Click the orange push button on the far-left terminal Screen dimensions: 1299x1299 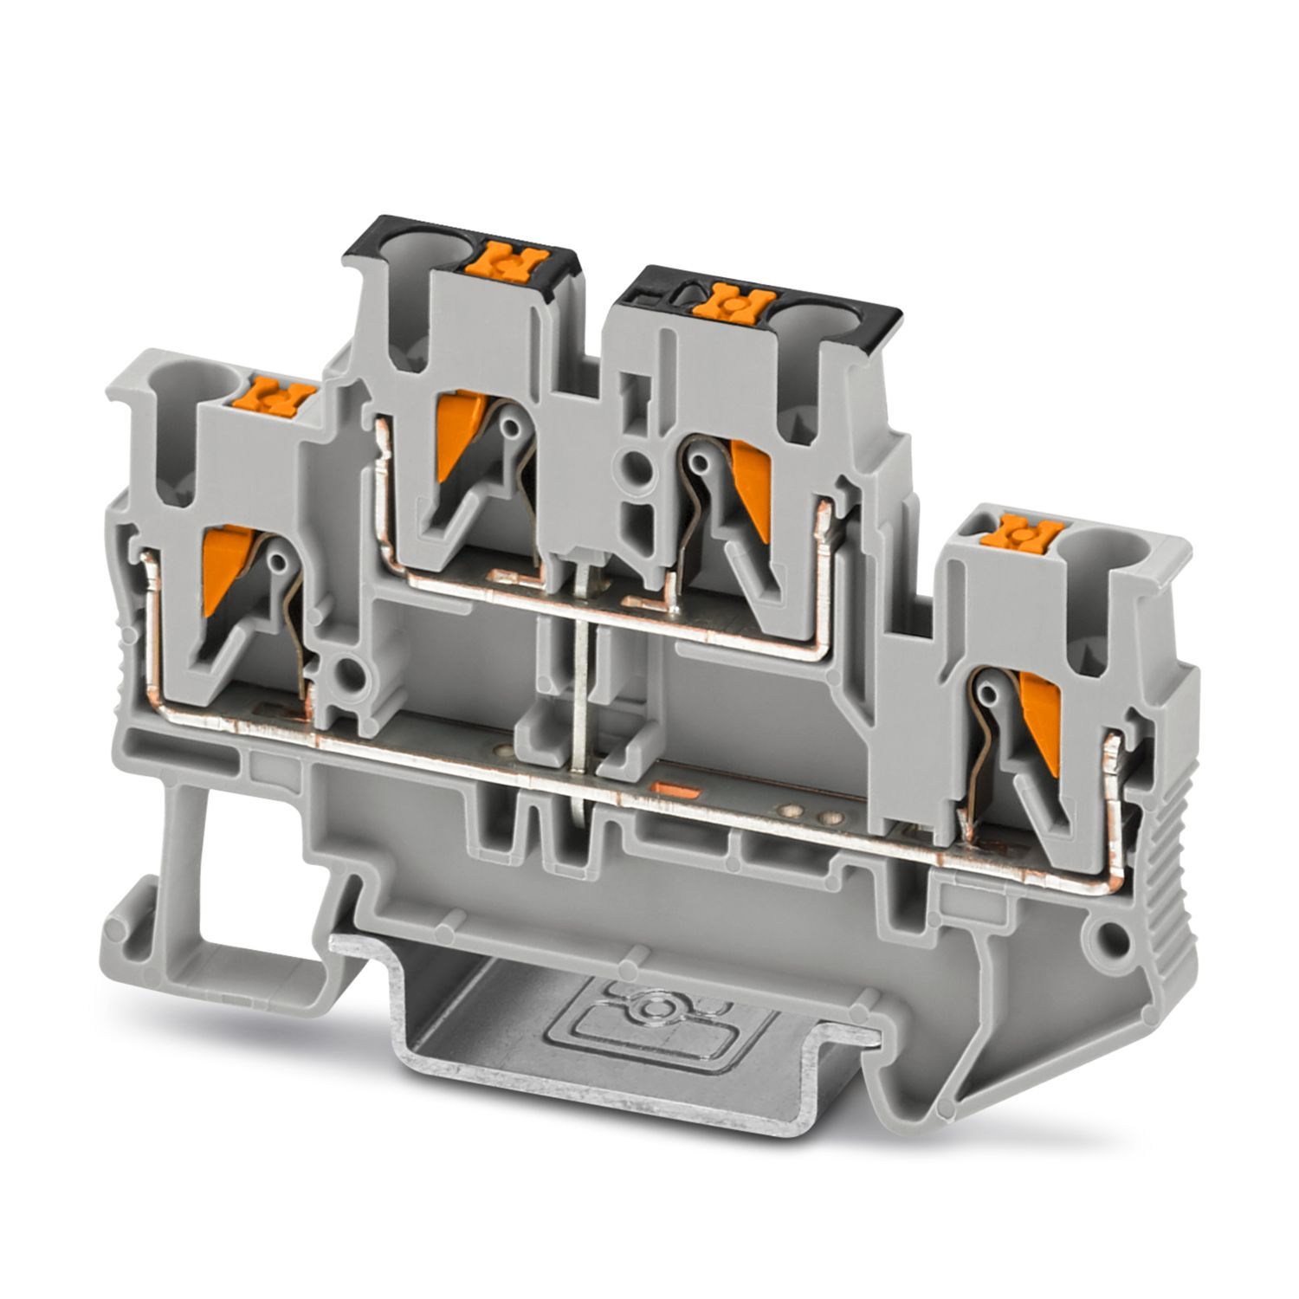[x=280, y=397]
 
